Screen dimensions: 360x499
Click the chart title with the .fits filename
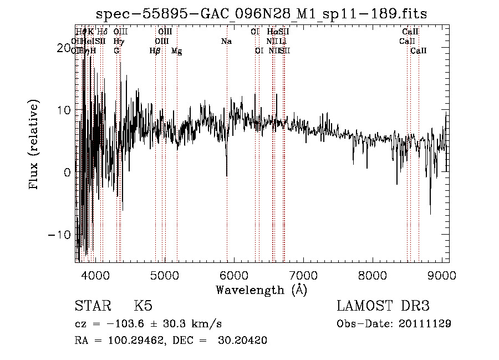point(261,13)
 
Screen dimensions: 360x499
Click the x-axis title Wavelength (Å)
point(261,290)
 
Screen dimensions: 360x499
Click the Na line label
point(226,42)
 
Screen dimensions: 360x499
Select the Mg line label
point(176,51)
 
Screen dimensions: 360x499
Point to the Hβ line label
point(155,51)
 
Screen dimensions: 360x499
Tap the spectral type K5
point(143,307)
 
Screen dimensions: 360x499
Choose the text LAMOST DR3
point(383,307)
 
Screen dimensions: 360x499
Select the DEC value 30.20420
point(246,341)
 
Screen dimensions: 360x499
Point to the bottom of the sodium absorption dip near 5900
point(227,176)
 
